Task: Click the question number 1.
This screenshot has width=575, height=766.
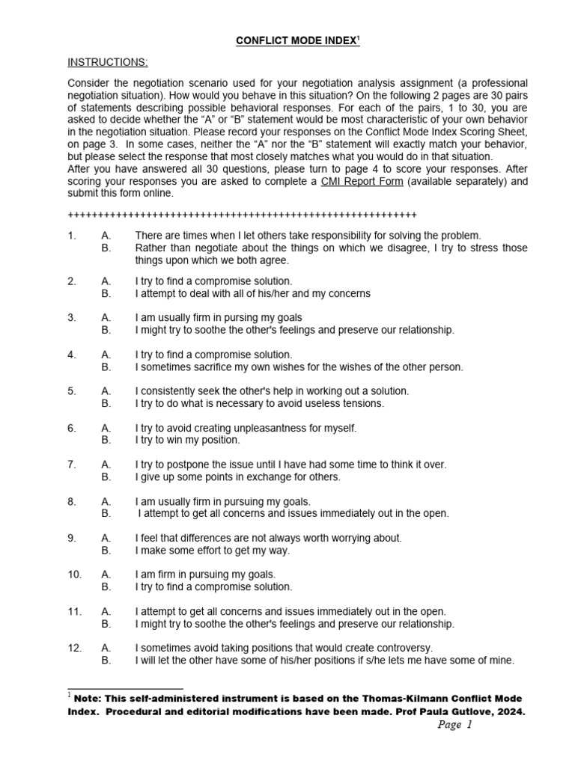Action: (x=72, y=236)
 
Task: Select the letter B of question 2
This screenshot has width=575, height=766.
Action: (x=106, y=293)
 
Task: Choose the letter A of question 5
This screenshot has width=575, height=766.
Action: (x=106, y=391)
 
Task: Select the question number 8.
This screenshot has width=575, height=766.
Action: (x=72, y=501)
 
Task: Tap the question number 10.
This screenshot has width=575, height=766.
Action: (x=74, y=574)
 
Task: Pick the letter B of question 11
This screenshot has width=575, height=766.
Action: (x=106, y=624)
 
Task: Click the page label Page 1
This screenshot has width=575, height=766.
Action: (x=461, y=725)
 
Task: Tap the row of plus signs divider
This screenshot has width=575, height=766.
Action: (x=242, y=215)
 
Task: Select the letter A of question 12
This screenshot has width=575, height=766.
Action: (x=106, y=648)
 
